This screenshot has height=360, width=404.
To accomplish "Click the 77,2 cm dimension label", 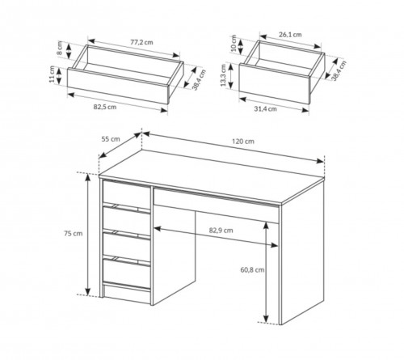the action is point(141,42).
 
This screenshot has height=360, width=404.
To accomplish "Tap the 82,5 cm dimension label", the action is point(105,107).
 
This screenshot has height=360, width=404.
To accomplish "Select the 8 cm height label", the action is point(60,48).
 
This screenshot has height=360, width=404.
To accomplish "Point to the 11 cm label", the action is point(53,74).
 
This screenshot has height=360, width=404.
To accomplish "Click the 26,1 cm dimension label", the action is point(290,35).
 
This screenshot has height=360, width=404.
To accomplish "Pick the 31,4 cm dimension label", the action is point(265,109).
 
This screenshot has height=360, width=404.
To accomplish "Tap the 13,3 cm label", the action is point(223,75).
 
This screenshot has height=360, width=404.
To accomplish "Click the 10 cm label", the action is point(234,44).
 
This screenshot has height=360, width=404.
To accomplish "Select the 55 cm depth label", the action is point(111,139).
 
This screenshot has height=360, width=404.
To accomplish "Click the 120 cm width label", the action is point(243,142).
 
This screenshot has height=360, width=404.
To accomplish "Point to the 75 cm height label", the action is point(74,233).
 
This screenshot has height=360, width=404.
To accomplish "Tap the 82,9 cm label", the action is point(221,231).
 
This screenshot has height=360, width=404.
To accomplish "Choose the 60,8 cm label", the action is point(252,269).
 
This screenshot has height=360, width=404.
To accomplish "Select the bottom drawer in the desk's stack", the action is point(126,273).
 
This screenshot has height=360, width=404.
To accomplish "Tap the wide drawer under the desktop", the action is point(217,205).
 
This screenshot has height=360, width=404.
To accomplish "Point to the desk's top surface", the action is point(212,176).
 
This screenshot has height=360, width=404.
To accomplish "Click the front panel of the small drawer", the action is point(275,83).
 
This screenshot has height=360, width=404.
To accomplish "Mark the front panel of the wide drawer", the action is point(118,86).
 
